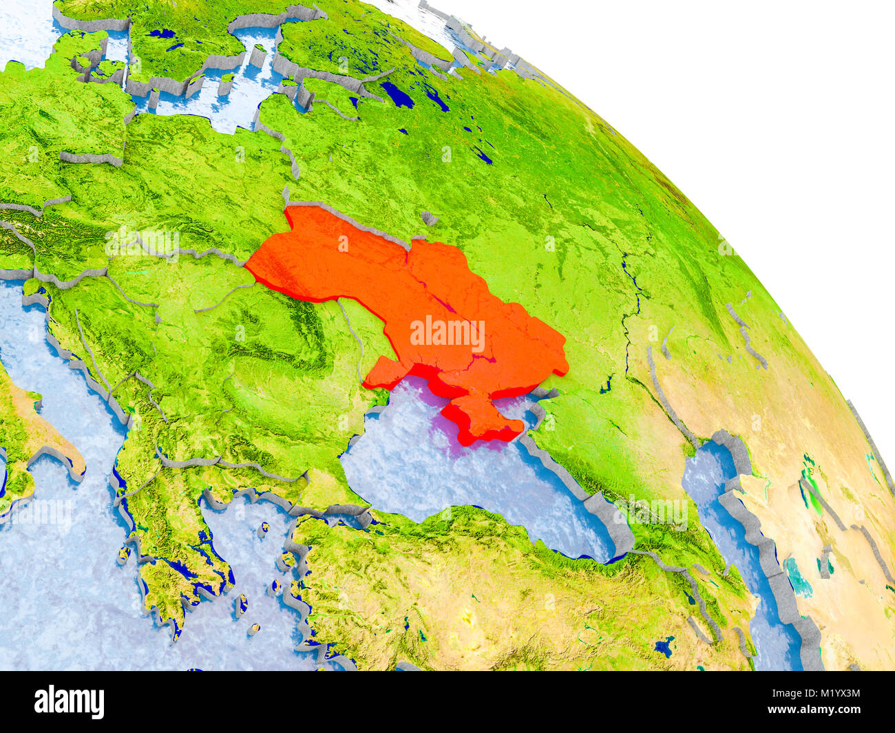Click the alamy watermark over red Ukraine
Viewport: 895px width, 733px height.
click(447, 334)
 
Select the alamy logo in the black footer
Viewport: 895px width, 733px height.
click(70, 702)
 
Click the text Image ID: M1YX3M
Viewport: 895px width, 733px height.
click(816, 694)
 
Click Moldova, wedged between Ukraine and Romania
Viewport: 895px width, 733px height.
click(351, 330)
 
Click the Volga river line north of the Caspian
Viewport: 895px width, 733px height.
click(630, 289)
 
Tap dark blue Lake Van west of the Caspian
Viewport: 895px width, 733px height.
click(664, 646)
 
